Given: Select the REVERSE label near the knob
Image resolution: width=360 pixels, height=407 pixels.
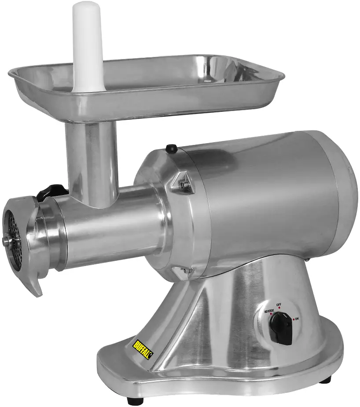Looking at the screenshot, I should point(269,311).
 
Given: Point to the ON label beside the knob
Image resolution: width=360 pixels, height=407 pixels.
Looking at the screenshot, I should point(297,319).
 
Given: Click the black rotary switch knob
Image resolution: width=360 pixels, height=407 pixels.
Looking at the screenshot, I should point(281,329).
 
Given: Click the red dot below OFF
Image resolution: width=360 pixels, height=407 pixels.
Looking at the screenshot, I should point(279,309).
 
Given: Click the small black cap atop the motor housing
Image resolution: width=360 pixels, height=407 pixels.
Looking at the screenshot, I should point(171,149).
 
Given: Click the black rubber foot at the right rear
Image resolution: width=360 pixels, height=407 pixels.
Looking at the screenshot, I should point(327,379).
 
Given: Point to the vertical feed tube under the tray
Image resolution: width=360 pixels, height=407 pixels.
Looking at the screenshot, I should point(92,159).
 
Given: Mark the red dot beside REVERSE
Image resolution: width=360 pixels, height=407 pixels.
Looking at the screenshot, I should point(271,314).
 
